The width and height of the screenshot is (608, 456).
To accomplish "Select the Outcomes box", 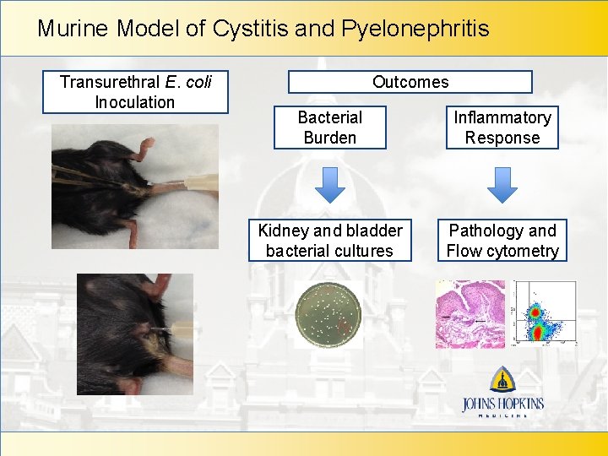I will [x=410, y=82].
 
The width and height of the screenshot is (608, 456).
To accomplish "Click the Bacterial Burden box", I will [x=329, y=128].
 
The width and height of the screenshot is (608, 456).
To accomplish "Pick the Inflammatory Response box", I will [x=502, y=128].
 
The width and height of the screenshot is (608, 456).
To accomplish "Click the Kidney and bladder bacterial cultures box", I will [x=329, y=241].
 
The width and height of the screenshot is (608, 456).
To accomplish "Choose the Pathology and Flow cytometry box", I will [x=502, y=241].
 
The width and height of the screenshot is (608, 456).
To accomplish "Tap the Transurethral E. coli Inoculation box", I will [x=135, y=92].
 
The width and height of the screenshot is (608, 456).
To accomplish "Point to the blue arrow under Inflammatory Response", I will [x=502, y=183].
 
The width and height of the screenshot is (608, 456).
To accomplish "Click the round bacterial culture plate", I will [x=328, y=314].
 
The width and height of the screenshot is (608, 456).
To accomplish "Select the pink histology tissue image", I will [x=470, y=314].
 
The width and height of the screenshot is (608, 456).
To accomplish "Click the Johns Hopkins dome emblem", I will [x=503, y=379].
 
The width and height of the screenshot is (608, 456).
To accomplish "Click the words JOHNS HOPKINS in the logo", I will [x=502, y=404].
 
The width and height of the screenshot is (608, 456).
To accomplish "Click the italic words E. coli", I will [x=189, y=82].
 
